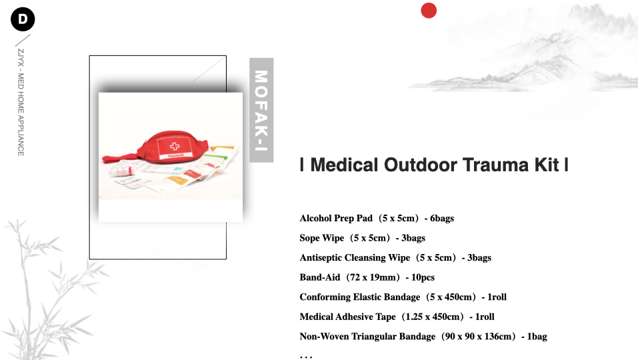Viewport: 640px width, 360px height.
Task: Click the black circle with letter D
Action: point(23,19)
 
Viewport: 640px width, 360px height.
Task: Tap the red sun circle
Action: point(429,11)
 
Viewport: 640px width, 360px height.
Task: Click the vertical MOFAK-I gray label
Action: point(261,110)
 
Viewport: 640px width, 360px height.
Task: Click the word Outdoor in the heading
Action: point(421,165)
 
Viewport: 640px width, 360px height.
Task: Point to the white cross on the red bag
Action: point(175,146)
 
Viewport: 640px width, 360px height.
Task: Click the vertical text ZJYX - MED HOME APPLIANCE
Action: point(21,103)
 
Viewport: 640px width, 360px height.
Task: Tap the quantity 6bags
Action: point(441,219)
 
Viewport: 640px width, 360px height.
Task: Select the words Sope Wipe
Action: point(321,238)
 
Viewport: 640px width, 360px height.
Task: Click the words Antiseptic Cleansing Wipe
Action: point(355,257)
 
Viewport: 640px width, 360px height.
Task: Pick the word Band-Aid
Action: point(319,277)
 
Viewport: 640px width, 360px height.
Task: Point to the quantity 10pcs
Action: point(423,277)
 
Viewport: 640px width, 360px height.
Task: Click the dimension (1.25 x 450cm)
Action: point(433,317)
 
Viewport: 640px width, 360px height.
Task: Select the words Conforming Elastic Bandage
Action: point(359,297)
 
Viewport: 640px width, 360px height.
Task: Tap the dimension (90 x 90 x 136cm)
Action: point(479,336)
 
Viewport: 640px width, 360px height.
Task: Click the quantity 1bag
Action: point(537,336)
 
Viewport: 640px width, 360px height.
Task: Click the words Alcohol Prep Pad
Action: point(336,219)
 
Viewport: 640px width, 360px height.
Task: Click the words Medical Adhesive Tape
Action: point(348,317)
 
